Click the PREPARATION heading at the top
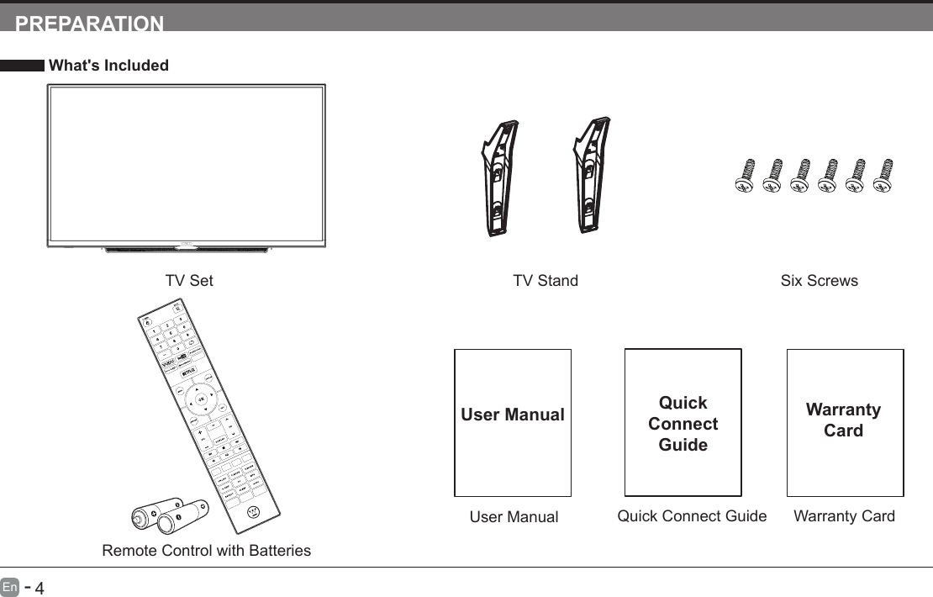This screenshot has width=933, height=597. click(x=90, y=24)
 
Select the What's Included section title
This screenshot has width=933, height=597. click(x=108, y=66)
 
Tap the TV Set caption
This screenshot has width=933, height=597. click(x=189, y=281)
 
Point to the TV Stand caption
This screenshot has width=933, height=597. click(x=546, y=281)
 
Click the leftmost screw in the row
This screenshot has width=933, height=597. click(x=744, y=176)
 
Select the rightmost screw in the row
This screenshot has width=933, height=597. click(x=883, y=176)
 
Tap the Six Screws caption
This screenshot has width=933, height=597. click(x=819, y=281)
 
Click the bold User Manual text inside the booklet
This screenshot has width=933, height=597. click(x=513, y=415)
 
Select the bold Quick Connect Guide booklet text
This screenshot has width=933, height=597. click(x=683, y=424)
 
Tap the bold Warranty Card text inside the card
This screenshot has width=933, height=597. click(x=843, y=420)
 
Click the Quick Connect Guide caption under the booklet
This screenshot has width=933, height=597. click(x=692, y=516)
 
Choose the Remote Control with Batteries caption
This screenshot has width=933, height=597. click(x=206, y=551)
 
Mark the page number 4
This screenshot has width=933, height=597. click(x=39, y=586)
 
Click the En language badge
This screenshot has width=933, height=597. click(x=10, y=585)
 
